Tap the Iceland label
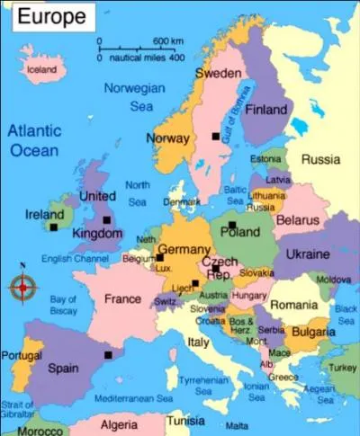(41, 69)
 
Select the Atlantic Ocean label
(34, 140)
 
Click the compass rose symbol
(22, 288)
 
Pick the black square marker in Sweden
(215, 136)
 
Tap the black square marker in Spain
(108, 355)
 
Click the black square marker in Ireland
(54, 227)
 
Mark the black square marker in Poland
(231, 225)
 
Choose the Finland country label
(266, 110)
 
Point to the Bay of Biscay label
(63, 305)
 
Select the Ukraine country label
(308, 254)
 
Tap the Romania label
(293, 306)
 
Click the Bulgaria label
(308, 333)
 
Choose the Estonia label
(265, 159)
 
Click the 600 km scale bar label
(168, 41)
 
